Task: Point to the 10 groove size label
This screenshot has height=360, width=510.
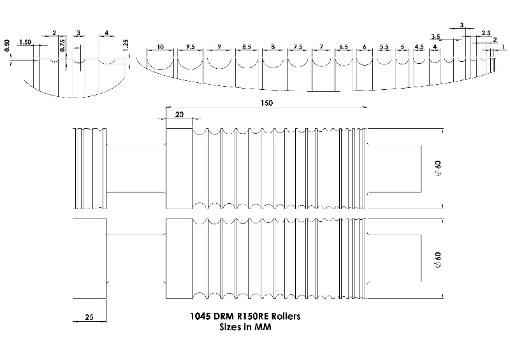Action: point(160,47)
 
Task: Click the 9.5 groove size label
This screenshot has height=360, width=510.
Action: point(190,47)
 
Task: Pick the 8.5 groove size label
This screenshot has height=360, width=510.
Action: point(246,47)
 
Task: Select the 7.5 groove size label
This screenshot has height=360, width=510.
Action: point(298,47)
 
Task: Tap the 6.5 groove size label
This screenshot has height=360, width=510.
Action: point(344,47)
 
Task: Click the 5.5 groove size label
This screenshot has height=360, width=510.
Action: point(384,47)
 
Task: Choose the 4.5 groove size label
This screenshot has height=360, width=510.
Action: point(419,47)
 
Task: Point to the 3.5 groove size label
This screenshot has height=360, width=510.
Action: point(436,36)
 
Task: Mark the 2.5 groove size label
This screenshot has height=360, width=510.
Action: point(486,32)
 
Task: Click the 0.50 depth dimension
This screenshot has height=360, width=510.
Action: point(7,48)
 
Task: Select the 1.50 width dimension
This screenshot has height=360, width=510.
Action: point(25,42)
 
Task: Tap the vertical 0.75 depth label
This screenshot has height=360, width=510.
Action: point(62,45)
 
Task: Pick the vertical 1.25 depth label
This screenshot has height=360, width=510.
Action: point(126,45)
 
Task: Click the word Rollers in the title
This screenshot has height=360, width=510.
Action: point(284,316)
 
